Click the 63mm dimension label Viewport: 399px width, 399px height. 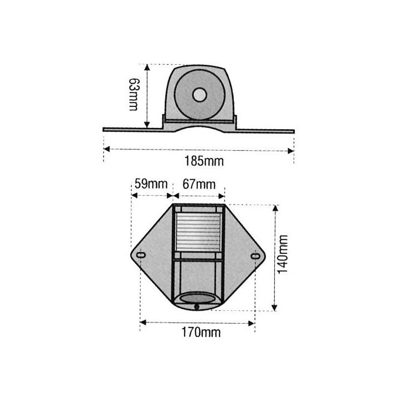(133, 95)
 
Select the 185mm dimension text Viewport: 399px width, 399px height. (198, 161)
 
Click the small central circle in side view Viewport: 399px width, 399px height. (198, 95)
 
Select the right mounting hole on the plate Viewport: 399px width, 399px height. (255, 256)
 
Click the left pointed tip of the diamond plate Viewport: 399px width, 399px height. (129, 254)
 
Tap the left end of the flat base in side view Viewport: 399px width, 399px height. (105, 130)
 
